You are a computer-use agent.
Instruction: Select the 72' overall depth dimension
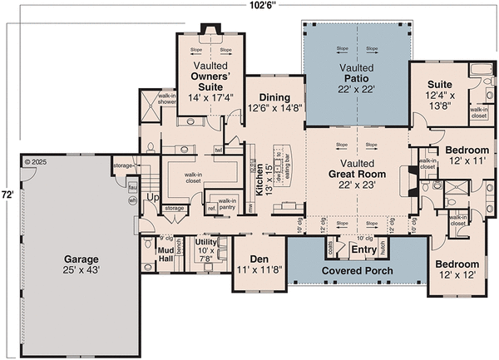click(x=7, y=193)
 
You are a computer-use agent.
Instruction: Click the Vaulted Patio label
click(x=356, y=77)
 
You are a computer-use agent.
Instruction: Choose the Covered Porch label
click(x=358, y=272)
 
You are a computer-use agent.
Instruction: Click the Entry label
click(x=363, y=249)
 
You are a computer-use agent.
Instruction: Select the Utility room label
click(x=205, y=247)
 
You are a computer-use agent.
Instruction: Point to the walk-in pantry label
click(x=226, y=205)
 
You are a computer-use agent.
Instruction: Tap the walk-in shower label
click(x=167, y=99)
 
